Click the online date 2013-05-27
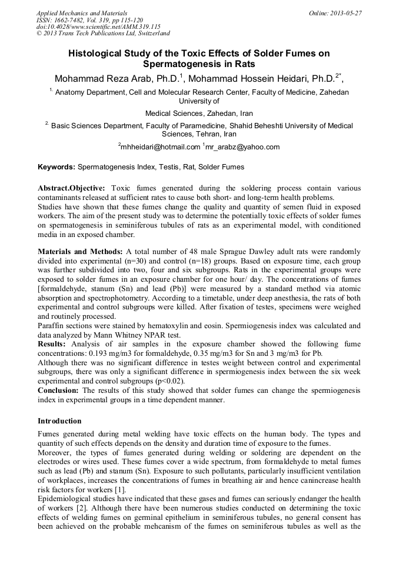[x=346, y=13]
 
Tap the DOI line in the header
[x=98, y=27]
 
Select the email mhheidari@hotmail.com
[x=160, y=147]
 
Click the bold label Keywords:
[x=56, y=167]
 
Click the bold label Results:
[x=52, y=343]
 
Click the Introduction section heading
[x=59, y=421]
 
